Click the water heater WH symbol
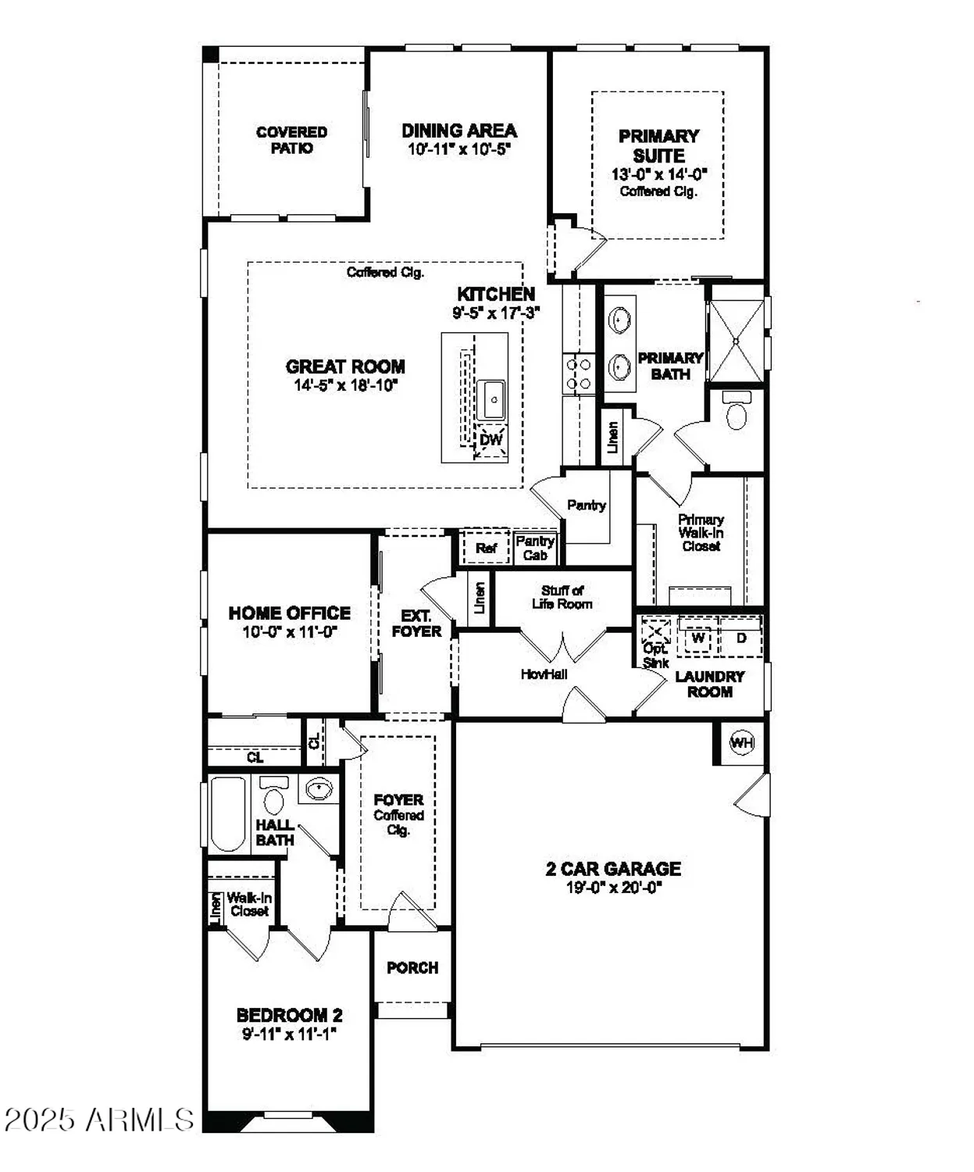coord(741,742)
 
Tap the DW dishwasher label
coord(491,440)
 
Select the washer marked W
coord(698,638)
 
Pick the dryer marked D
coord(741,638)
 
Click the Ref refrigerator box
coord(486,548)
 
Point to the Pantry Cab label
coord(535,548)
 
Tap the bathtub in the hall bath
coord(228,813)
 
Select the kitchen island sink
coord(494,400)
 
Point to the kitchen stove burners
coord(579,373)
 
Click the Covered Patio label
coord(291,140)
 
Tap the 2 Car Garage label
coord(613,868)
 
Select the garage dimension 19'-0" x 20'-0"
coord(613,888)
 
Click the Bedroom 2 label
coord(289,1015)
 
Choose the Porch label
coord(412,967)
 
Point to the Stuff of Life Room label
coord(562,597)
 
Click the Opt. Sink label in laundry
coord(655,656)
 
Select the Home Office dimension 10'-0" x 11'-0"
coord(289,632)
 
